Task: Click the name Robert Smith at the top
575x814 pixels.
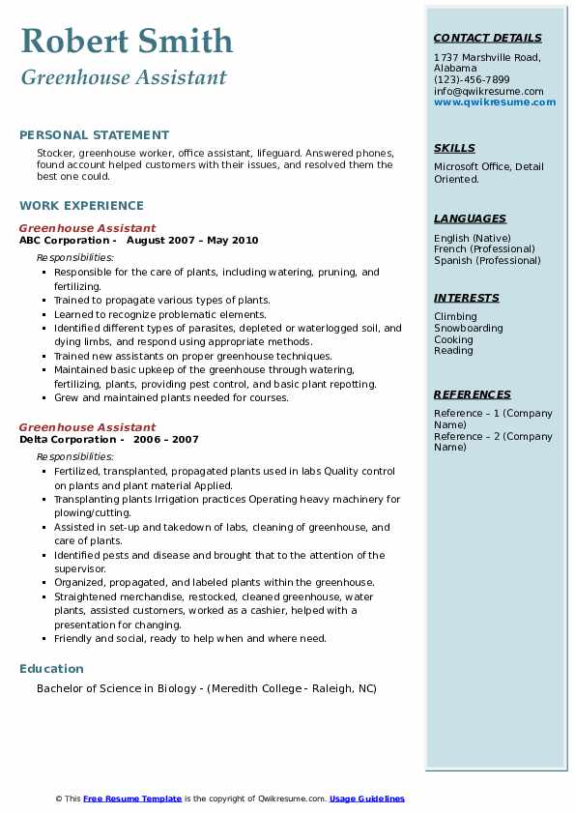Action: point(127,41)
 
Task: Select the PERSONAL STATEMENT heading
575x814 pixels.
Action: point(94,134)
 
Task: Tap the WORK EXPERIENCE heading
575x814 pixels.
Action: point(81,205)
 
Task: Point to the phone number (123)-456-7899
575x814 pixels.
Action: point(472,80)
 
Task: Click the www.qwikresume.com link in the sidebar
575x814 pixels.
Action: point(495,102)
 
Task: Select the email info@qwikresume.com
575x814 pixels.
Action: point(488,91)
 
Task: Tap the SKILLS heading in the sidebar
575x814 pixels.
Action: point(454,148)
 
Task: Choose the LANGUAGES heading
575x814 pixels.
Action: point(470,218)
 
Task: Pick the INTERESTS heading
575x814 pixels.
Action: point(466,298)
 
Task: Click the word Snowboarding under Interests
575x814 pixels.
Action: point(469,329)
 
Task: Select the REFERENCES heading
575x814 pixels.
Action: point(472,394)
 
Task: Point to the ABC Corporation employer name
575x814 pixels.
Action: point(64,240)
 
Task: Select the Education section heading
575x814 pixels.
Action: point(51,668)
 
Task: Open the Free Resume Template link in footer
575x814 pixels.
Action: point(132,799)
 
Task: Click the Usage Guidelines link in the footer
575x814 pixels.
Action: point(367,799)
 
